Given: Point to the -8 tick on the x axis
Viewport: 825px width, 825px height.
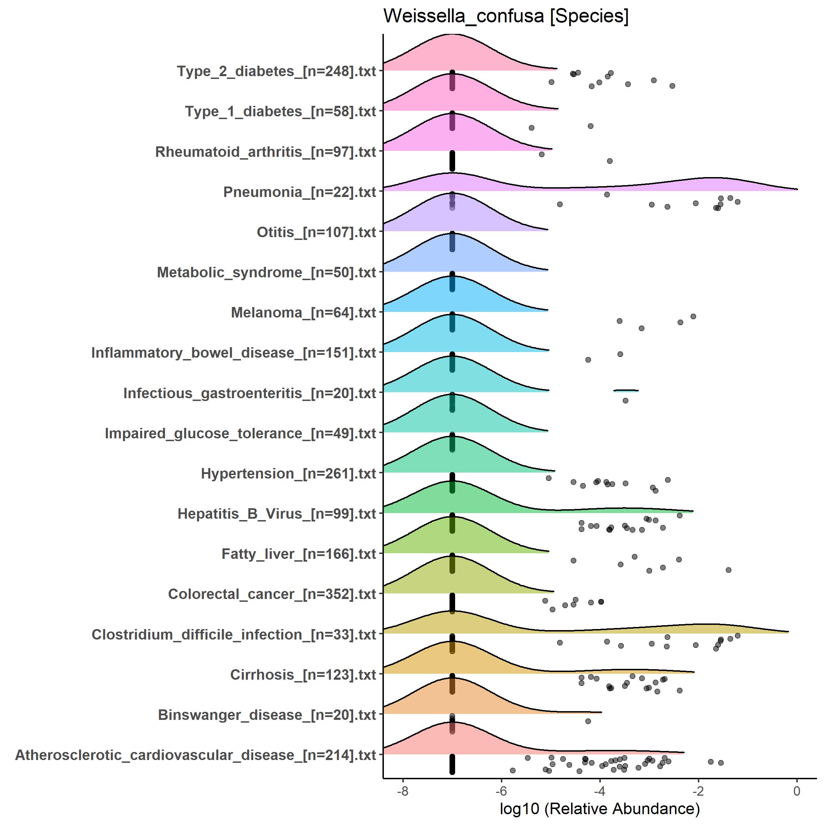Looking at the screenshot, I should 402,791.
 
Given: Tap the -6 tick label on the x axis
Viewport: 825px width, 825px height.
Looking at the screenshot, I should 501,791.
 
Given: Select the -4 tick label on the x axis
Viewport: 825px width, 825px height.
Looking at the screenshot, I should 599,791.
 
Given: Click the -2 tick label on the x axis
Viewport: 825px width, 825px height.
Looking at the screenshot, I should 698,791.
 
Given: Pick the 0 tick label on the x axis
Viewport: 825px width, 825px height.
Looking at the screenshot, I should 797,791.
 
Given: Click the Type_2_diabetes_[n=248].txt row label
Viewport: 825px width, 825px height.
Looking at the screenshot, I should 277,71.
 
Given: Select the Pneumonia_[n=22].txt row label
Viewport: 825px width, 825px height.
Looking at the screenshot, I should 300,192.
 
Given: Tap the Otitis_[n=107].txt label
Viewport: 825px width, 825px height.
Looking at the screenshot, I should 316,232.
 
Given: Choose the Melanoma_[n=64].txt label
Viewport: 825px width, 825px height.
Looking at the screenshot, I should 304,313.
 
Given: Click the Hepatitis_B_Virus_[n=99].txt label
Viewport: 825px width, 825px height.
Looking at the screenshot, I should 277,514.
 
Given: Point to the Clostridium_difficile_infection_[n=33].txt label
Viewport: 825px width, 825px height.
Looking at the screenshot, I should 234,635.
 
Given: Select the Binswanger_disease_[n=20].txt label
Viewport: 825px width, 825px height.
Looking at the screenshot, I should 267,715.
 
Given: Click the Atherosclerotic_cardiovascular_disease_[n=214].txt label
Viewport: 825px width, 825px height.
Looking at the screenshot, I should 196,755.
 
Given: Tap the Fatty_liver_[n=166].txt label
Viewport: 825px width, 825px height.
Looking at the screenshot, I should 299,554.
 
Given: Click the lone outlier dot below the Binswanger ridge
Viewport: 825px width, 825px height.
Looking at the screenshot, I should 588,721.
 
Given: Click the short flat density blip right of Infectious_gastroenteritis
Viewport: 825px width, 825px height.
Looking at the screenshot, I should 626,390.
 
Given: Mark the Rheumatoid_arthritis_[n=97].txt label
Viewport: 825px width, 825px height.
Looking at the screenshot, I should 265,152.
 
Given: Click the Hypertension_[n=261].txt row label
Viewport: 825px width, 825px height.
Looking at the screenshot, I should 289,474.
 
